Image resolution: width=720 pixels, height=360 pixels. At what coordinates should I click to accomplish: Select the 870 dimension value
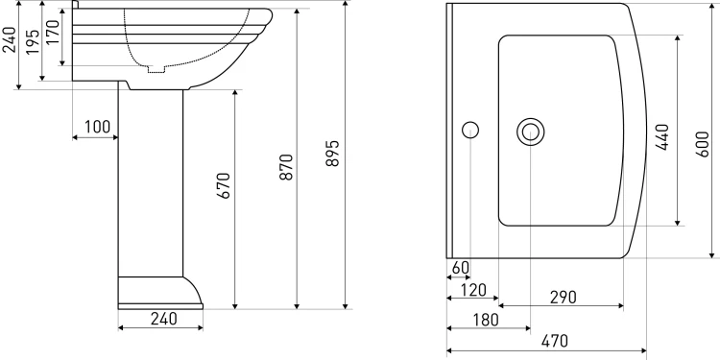click(286, 167)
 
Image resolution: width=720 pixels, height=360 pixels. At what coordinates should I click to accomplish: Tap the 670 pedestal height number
click(223, 185)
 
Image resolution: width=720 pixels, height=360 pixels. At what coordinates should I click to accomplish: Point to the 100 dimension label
click(97, 127)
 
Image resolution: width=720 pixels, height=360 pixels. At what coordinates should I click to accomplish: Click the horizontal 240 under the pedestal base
click(163, 318)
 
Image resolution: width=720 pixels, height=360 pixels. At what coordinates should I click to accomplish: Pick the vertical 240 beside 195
click(10, 39)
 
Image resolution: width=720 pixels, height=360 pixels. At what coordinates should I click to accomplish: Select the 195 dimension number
click(33, 42)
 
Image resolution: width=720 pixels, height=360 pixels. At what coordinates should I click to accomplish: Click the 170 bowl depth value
click(53, 32)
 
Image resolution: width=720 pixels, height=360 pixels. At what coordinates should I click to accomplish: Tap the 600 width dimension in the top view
click(702, 144)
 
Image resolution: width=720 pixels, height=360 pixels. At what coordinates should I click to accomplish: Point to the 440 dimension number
click(661, 137)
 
